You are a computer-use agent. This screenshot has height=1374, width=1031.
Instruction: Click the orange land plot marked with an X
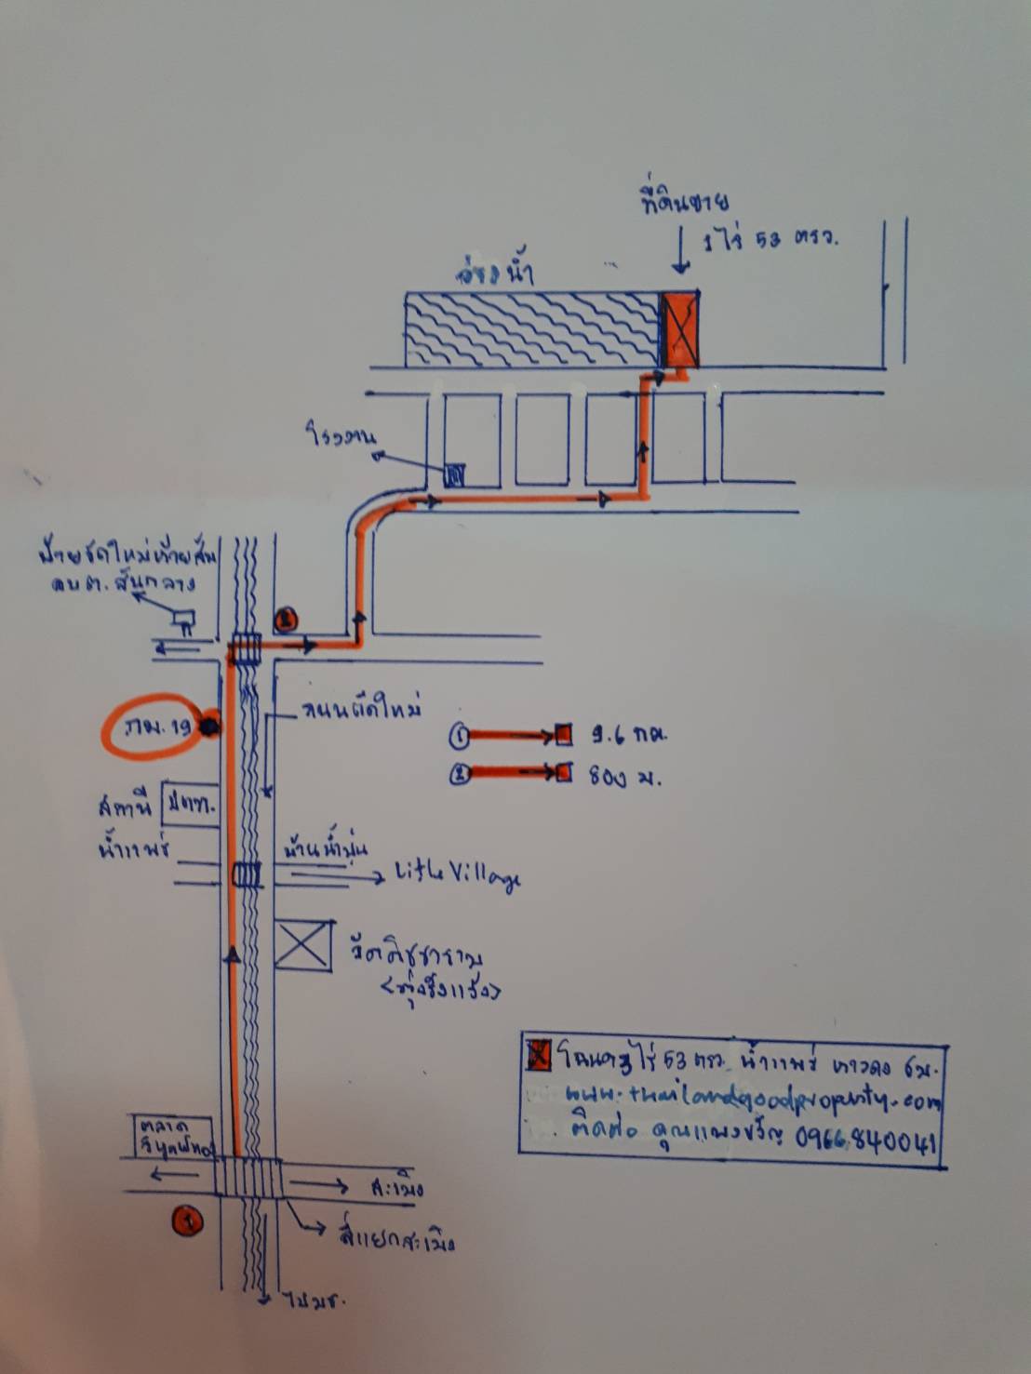click(x=680, y=329)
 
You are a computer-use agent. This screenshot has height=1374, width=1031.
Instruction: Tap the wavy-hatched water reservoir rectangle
click(x=532, y=329)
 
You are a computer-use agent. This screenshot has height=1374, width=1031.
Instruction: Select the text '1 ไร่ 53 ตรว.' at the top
click(x=770, y=239)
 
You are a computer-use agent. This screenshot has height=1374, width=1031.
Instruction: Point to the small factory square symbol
click(x=454, y=476)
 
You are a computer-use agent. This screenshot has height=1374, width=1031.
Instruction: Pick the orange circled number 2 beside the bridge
click(x=286, y=617)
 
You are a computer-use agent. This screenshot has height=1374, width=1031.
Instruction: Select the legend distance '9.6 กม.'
click(x=629, y=734)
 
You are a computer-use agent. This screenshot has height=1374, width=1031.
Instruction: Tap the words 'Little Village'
click(x=457, y=875)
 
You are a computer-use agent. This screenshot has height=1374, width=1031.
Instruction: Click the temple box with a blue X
click(x=303, y=945)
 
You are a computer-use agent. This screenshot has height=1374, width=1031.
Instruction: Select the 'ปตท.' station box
click(x=190, y=806)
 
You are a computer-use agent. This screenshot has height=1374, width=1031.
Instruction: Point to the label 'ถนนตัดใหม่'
click(x=360, y=711)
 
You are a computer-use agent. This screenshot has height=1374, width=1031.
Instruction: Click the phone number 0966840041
click(x=865, y=1141)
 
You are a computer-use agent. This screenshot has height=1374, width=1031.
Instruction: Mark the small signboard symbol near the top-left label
click(x=181, y=618)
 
